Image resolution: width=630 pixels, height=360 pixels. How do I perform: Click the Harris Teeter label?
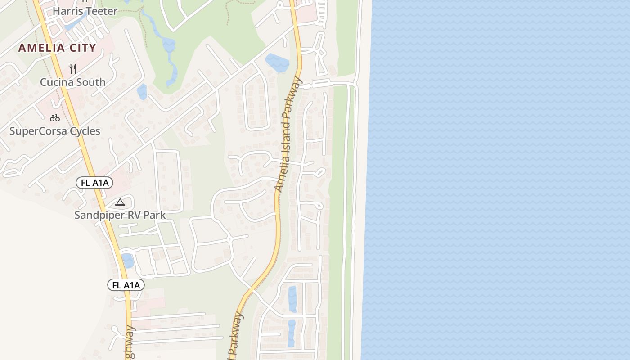click(x=85, y=11)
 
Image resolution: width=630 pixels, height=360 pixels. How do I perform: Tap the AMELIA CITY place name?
click(x=57, y=48)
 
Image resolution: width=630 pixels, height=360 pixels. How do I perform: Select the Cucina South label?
click(x=73, y=82)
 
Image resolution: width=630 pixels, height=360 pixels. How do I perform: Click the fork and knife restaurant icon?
click(x=73, y=69)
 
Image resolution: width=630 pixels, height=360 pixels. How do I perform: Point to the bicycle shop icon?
click(x=55, y=118)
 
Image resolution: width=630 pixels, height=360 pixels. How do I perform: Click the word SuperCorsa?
click(x=37, y=131)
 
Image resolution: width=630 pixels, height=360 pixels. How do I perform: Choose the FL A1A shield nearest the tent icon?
click(x=94, y=183)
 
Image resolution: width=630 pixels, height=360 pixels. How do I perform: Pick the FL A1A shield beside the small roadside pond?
click(x=126, y=285)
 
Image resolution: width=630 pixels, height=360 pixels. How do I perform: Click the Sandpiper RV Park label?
click(x=120, y=215)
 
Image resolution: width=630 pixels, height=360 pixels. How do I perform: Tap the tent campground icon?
click(x=120, y=202)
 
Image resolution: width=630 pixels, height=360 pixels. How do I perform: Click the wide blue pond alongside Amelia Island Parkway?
click(x=277, y=63)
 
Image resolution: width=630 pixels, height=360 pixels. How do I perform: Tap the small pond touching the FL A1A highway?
click(x=127, y=261)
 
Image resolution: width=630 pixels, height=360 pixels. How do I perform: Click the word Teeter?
click(x=102, y=11)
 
